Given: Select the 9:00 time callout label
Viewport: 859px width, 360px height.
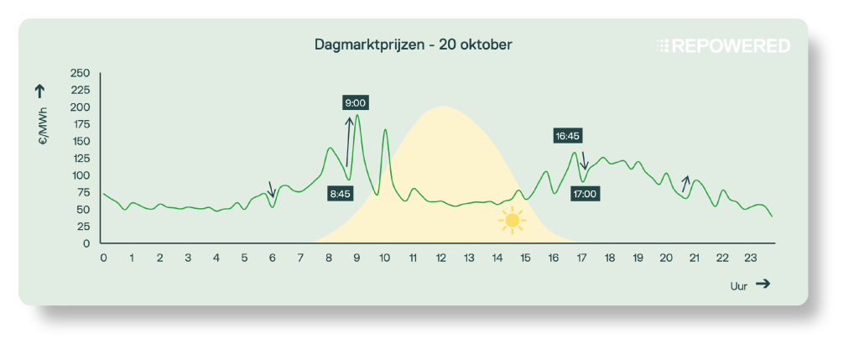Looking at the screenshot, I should click(x=356, y=103).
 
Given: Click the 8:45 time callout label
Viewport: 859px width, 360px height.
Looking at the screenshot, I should click(x=341, y=194).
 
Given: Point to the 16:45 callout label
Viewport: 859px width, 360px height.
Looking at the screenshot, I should click(x=568, y=135).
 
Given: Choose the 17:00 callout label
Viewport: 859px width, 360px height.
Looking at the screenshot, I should click(x=585, y=194).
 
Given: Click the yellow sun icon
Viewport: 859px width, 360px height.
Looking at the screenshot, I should click(x=511, y=221).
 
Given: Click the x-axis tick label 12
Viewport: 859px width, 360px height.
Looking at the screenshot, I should click(x=440, y=258).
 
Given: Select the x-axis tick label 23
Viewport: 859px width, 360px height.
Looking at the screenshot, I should click(x=750, y=258).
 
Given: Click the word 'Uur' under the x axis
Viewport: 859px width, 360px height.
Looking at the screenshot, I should click(x=739, y=285).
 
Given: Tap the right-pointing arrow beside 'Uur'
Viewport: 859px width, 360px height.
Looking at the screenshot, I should click(x=763, y=284).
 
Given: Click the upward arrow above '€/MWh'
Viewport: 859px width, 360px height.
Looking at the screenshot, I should click(x=40, y=91).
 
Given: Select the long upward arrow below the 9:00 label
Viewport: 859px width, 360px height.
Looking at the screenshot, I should click(x=348, y=142).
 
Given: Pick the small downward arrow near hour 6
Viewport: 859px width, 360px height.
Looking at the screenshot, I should click(x=271, y=189).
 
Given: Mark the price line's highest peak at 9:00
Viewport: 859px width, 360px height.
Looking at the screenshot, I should click(x=357, y=116).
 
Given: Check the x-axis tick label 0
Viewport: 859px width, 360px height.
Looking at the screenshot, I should click(x=103, y=258).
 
